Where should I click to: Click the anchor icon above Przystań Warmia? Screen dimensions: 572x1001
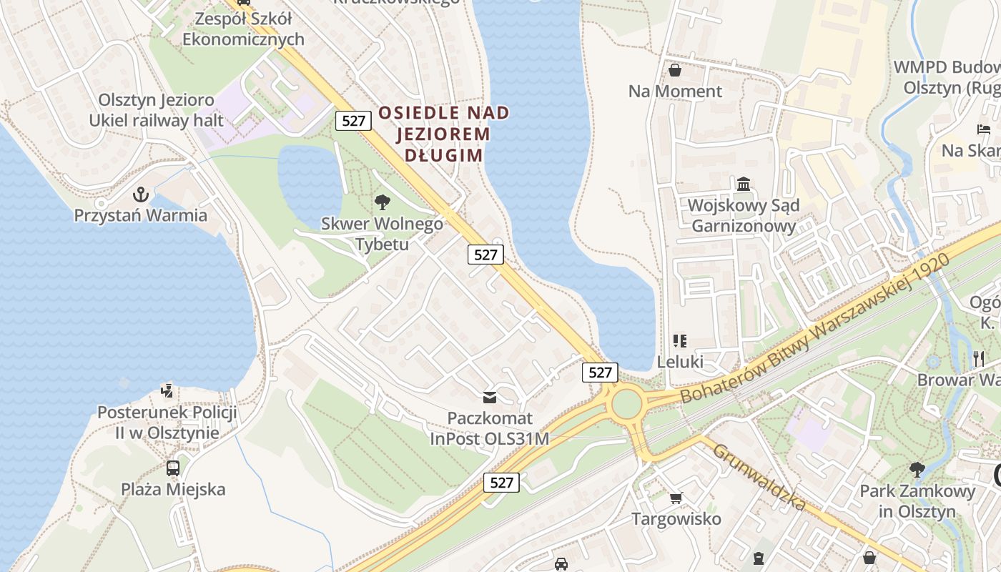click(141, 194)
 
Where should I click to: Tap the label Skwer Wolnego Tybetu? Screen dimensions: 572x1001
click(382, 234)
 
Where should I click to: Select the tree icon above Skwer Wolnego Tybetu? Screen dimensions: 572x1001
click(383, 202)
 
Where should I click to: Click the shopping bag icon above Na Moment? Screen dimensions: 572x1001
click(675, 70)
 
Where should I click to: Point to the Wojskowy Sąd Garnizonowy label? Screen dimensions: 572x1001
click(743, 216)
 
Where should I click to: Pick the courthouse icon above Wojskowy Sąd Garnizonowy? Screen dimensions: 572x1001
click(744, 184)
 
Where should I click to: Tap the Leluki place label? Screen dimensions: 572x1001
click(680, 362)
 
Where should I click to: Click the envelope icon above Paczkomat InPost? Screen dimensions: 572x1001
click(490, 397)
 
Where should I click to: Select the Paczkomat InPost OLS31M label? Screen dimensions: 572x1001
click(490, 428)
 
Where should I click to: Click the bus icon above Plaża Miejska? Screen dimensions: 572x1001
click(173, 468)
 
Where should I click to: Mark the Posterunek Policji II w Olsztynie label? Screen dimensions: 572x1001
click(167, 423)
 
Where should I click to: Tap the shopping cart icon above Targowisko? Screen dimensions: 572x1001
click(676, 498)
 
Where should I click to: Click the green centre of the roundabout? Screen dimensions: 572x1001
click(626, 405)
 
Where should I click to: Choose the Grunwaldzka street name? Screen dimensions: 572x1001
click(759, 477)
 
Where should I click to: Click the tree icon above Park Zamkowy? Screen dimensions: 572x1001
click(917, 470)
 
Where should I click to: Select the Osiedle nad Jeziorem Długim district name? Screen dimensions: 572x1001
click(444, 134)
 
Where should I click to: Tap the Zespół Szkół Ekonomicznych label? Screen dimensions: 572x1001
click(243, 29)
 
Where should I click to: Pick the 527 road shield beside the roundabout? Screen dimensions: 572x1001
click(600, 372)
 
